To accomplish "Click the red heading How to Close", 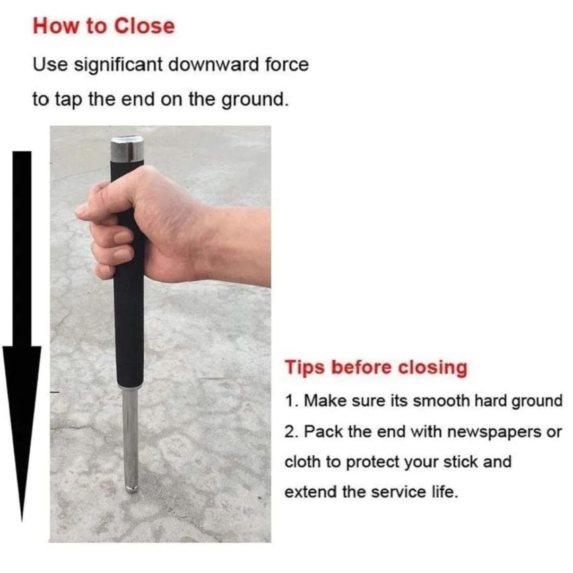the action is click(104, 27).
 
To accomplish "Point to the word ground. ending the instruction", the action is click(254, 100).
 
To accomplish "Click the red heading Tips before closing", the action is click(376, 368).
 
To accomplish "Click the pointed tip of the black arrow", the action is click(22, 521).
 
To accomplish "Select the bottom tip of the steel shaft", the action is click(132, 489).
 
